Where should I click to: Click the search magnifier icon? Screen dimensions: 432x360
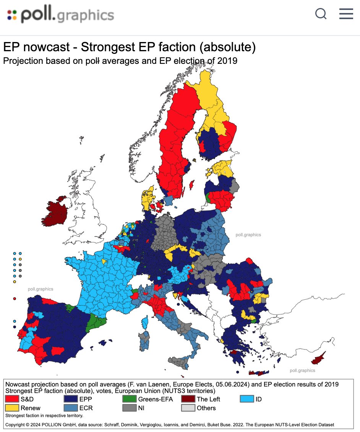[321, 14]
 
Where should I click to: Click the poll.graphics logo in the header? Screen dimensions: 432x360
[60, 15]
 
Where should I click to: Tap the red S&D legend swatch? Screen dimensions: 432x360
[12, 399]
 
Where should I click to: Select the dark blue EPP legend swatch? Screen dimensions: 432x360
[71, 399]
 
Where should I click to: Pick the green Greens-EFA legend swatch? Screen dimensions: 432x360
[129, 399]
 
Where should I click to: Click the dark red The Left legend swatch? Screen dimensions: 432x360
[188, 399]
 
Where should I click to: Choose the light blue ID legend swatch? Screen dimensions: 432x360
[246, 399]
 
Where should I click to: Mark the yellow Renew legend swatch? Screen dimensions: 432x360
[12, 408]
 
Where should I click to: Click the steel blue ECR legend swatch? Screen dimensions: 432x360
[71, 408]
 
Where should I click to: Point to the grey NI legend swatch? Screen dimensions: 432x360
[129, 408]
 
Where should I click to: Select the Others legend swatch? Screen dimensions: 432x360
[188, 408]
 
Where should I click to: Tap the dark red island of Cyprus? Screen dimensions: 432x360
[318, 359]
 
